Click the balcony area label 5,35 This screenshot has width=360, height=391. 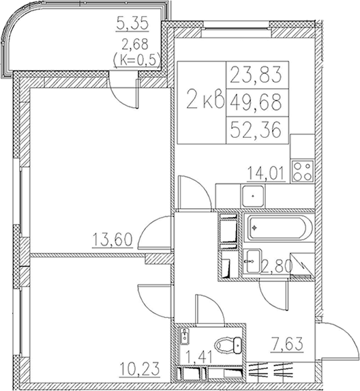click(132, 23)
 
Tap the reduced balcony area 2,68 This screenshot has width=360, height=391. click(134, 45)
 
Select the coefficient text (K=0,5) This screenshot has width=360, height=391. click(136, 60)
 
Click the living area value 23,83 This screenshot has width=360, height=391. click(256, 74)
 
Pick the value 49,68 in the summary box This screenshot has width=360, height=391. click(256, 102)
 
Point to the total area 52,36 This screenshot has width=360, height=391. click(256, 130)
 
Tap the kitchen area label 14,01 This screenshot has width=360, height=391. click(266, 173)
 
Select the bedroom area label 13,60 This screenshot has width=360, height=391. click(112, 240)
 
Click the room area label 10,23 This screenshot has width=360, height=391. click(139, 368)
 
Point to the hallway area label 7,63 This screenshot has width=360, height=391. click(287, 344)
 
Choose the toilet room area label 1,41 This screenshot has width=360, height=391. click(199, 357)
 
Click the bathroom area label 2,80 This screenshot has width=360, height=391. click(276, 266)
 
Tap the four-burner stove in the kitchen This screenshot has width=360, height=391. click(303, 171)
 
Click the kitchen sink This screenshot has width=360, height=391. click(253, 197)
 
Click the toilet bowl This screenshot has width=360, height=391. click(228, 345)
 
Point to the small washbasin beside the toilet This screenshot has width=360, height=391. click(185, 336)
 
